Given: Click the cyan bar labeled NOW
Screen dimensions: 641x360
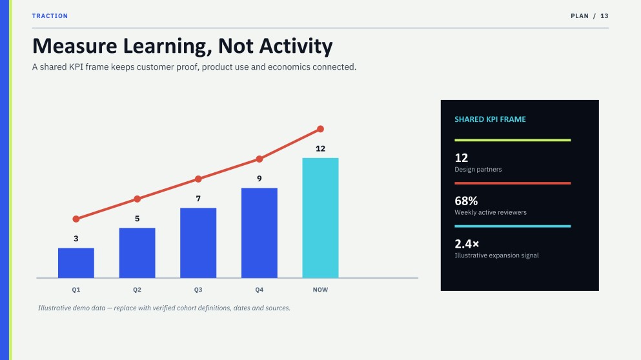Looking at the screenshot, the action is point(320,218).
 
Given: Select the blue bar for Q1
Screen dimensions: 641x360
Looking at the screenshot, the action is point(76,263).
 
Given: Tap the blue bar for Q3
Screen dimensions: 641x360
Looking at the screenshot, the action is point(198,243).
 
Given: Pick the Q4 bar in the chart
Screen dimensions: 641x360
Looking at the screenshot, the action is point(259,233).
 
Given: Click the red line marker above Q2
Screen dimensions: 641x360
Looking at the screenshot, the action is point(137,199).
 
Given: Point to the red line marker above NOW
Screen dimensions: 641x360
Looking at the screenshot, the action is point(320,129).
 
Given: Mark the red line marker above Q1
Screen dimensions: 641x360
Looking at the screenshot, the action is point(76,219).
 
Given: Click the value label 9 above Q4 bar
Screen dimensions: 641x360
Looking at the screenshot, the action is point(259,179).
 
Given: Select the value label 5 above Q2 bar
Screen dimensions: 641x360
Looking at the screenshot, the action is point(137,219).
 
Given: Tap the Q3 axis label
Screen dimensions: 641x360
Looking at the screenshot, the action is point(198,290).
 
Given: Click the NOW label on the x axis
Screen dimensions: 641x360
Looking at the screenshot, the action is point(320,290).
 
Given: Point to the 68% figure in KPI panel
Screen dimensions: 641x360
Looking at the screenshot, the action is point(466,201).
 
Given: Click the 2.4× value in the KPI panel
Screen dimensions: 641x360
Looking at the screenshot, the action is point(467,244).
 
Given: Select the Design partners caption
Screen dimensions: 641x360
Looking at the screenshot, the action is point(478,170).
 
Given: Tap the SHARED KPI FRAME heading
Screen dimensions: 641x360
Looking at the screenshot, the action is point(490,119).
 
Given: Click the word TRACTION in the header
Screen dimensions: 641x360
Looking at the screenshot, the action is point(50,16).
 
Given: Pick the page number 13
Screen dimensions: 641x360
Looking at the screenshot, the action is point(604,16).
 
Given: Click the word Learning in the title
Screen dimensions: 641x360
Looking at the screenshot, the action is point(168,46).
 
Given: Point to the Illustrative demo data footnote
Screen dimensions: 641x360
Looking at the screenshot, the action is point(165,308).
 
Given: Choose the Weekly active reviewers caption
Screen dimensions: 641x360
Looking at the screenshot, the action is point(491,212).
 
